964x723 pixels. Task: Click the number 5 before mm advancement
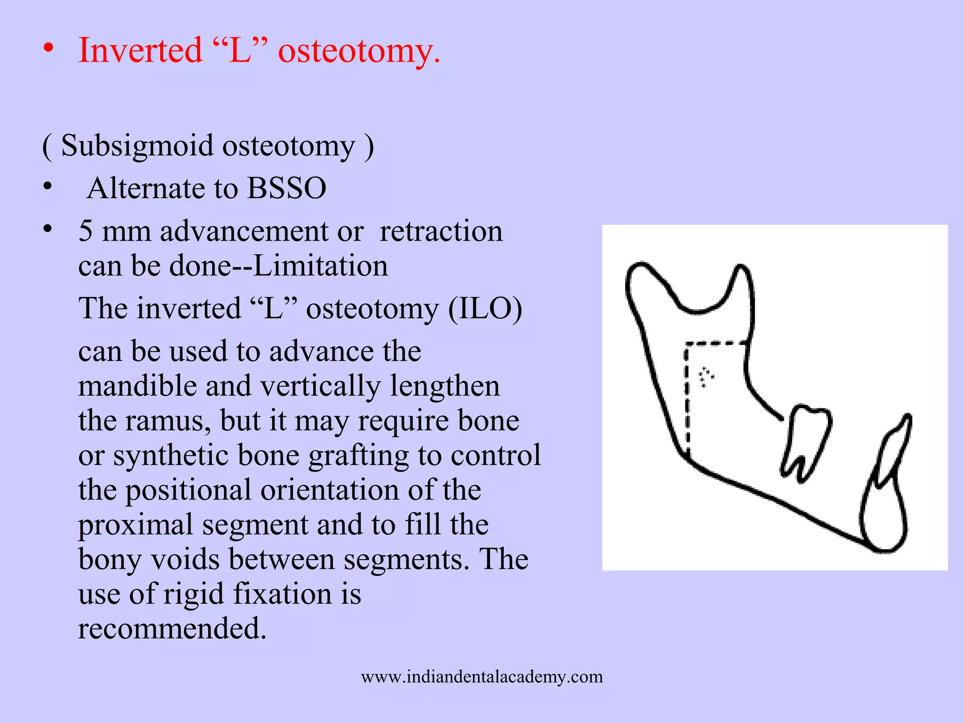pyautogui.click(x=85, y=231)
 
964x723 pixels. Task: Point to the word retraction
pyautogui.click(x=441, y=231)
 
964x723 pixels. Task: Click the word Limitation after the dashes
pyautogui.click(x=321, y=266)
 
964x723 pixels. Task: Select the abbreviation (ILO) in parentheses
pyautogui.click(x=485, y=309)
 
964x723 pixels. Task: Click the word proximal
pyautogui.click(x=136, y=525)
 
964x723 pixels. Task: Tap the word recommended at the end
pyautogui.click(x=172, y=628)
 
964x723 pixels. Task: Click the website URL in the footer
pyautogui.click(x=482, y=676)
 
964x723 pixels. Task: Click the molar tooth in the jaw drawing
pyautogui.click(x=806, y=438)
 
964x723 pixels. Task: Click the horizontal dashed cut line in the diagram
pyautogui.click(x=715, y=343)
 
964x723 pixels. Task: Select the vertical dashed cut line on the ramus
pyautogui.click(x=687, y=400)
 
